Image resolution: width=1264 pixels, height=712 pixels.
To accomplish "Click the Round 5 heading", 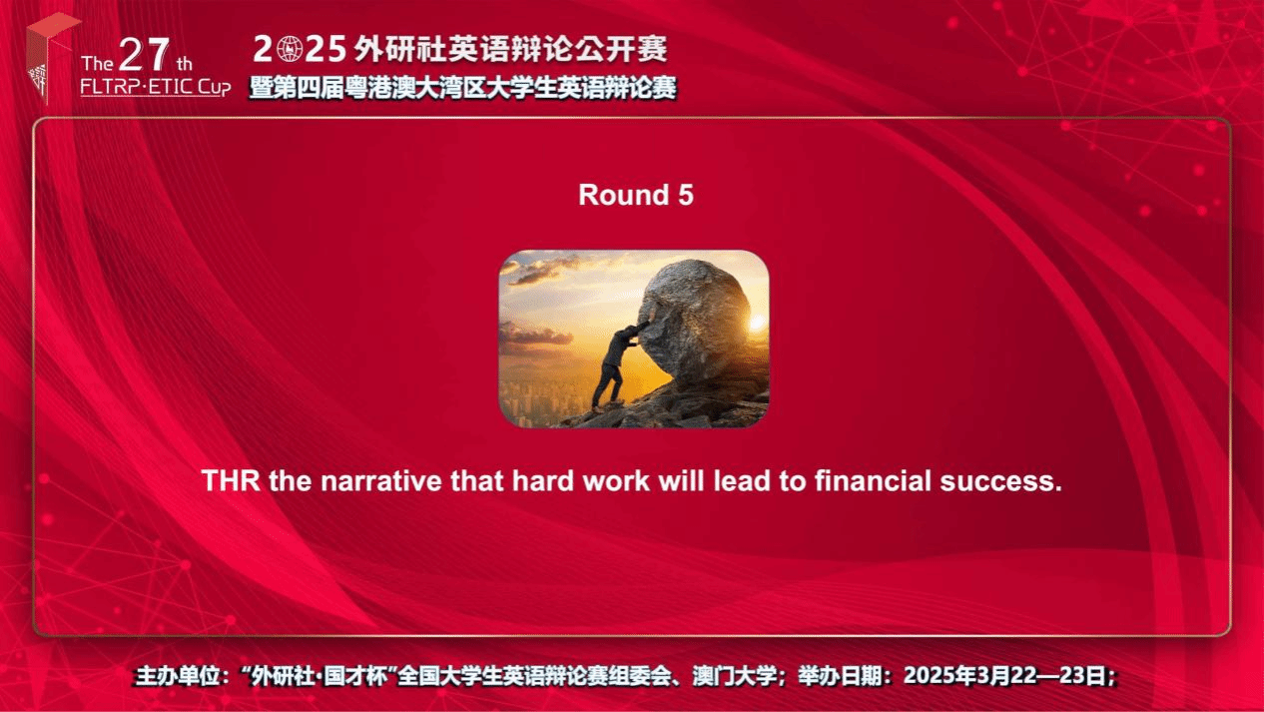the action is point(636,195).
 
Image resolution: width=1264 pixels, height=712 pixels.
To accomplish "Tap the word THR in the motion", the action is point(231,480).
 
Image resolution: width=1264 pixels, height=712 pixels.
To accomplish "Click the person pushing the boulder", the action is point(617,364).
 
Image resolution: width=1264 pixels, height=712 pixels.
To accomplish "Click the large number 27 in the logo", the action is point(145,55).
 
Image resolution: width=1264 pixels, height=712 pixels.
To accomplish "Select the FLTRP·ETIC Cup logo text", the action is point(155,87).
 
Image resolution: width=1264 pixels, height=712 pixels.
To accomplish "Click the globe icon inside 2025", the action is point(289,49).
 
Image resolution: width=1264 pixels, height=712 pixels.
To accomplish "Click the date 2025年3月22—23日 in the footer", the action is point(1009,675).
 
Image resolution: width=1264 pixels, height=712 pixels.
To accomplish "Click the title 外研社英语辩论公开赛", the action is point(510,49).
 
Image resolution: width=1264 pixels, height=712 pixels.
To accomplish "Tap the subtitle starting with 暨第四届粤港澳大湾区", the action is point(462,88).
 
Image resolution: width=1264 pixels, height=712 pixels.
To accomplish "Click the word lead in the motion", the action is point(742,480).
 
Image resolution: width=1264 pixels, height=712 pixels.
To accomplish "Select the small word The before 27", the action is point(97,63).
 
